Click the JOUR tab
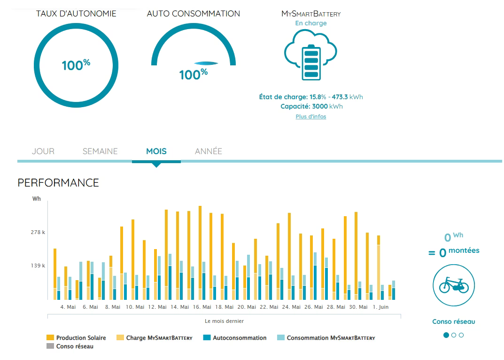(x=43, y=151)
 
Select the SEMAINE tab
(x=100, y=151)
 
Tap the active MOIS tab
(x=156, y=151)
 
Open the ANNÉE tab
(x=209, y=151)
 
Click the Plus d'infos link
(x=310, y=117)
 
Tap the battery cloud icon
(x=310, y=55)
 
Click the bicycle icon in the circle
(x=453, y=285)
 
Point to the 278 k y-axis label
(x=38, y=232)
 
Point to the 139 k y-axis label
(x=38, y=266)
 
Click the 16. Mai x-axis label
(x=202, y=307)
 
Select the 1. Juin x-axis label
(x=380, y=307)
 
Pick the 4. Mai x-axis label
(x=68, y=307)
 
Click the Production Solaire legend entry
(x=76, y=338)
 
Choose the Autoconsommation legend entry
(x=235, y=338)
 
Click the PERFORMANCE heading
(x=58, y=183)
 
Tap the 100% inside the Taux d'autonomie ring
(x=76, y=65)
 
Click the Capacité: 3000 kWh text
(x=311, y=106)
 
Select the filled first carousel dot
(x=446, y=335)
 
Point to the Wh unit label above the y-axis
(x=37, y=199)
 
